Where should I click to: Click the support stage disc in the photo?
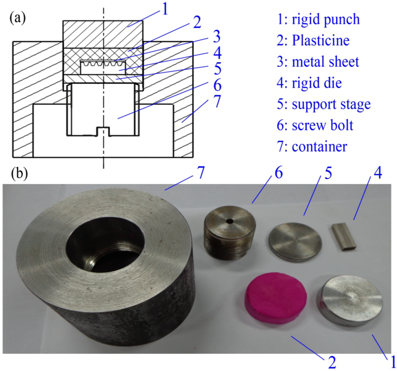(x=295, y=243)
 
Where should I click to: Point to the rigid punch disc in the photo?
(x=350, y=300)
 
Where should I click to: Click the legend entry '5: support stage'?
(x=325, y=104)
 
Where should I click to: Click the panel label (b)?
(x=18, y=173)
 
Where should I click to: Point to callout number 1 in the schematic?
(x=165, y=8)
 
